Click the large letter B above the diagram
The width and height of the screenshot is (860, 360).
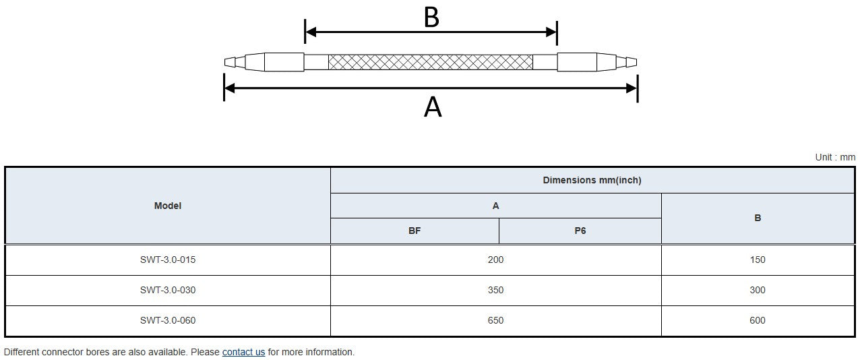coord(431,18)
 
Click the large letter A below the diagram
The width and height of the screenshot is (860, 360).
coord(433,107)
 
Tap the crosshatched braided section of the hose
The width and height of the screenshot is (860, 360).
coord(431,62)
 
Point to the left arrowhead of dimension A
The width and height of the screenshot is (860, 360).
coord(229,88)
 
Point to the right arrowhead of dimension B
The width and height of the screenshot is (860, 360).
coord(551,32)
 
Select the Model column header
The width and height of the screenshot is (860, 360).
coord(168,206)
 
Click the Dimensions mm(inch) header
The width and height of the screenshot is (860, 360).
coord(592,180)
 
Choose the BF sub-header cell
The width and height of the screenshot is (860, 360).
coord(414,231)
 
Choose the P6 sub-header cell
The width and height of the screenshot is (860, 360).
coord(580,231)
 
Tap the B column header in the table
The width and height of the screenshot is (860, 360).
coord(758,218)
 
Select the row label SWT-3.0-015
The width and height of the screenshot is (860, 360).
coord(168,260)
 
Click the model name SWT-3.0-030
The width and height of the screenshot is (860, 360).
coord(168,290)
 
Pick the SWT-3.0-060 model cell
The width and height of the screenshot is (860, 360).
coord(168,320)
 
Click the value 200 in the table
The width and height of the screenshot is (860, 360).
coord(495,260)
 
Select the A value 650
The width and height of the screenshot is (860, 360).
coord(495,320)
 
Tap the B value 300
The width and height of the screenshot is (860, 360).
coord(758,290)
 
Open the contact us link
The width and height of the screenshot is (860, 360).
coord(243,352)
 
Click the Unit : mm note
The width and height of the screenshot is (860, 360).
coord(835,157)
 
